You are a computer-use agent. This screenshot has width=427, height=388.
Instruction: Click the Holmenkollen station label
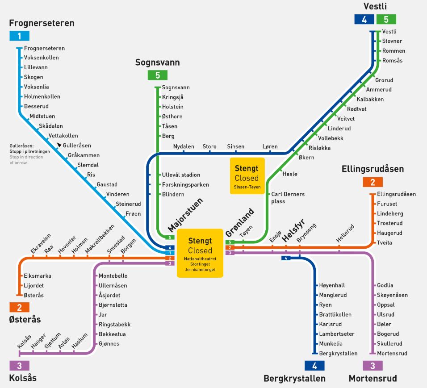click(42, 96)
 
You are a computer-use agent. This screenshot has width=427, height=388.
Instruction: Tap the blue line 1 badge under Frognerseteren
click(19, 36)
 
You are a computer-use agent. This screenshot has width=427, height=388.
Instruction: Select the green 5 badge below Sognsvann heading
click(157, 75)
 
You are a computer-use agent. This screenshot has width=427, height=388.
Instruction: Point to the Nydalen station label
click(184, 146)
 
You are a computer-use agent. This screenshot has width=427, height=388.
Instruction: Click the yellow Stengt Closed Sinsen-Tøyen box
click(247, 176)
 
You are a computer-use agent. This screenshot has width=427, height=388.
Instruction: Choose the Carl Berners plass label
click(288, 198)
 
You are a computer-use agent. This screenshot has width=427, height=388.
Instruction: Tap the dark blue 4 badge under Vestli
click(364, 19)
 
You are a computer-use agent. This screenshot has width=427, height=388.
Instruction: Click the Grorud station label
click(384, 80)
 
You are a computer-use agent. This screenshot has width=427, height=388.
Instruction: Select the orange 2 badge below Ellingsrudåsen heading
click(373, 182)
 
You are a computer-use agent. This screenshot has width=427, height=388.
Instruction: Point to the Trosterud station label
click(389, 223)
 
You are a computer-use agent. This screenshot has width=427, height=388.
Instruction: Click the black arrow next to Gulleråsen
click(59, 145)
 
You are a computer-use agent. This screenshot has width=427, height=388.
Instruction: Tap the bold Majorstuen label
click(185, 215)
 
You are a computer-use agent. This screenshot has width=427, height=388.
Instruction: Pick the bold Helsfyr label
click(293, 230)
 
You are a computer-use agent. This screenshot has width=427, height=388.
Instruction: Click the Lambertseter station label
click(337, 334)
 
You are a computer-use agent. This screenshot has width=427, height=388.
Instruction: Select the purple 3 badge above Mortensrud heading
click(373, 365)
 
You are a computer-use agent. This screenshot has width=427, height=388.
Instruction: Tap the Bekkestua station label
click(112, 334)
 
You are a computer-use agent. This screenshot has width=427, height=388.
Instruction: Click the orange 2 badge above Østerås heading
click(19, 307)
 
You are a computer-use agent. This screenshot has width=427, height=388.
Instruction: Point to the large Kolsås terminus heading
click(23, 378)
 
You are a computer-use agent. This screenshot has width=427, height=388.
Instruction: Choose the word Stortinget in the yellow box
click(200, 264)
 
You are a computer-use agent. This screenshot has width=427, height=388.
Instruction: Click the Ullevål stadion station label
click(181, 175)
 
